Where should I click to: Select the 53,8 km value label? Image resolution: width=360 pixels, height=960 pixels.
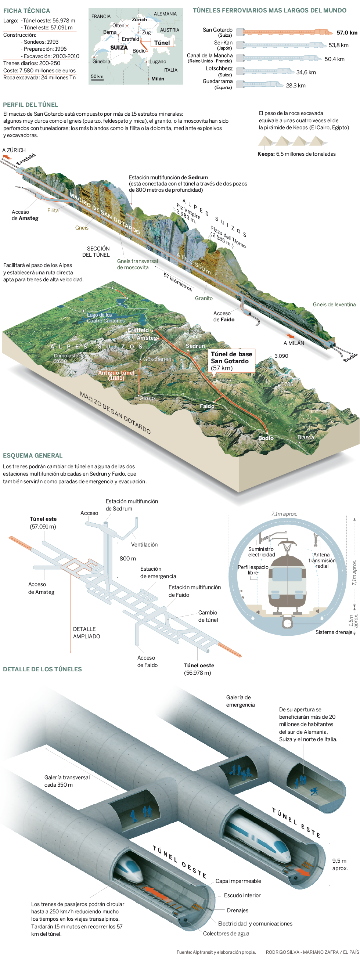click(338, 45)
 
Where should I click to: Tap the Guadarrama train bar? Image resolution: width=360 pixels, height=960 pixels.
click(260, 84)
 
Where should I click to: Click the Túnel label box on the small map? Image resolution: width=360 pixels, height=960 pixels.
click(162, 43)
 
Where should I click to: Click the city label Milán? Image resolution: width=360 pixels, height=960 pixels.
click(158, 79)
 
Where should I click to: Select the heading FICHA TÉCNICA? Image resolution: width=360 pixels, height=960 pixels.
click(26, 11)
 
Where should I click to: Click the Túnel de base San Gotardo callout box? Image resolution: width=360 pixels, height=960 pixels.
click(231, 361)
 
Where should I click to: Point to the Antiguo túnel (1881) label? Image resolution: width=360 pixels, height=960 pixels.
click(116, 375)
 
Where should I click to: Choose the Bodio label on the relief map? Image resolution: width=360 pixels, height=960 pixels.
click(266, 438)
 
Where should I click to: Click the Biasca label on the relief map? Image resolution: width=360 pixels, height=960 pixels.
click(306, 437)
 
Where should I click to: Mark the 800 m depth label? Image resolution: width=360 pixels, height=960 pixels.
click(128, 558)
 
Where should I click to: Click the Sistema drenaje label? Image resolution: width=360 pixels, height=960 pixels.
click(334, 632)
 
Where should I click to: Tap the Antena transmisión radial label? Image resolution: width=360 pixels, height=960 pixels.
click(322, 560)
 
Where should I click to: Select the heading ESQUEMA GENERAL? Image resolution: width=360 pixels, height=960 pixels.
click(33, 455)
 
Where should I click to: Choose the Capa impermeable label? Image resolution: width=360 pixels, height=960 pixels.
click(238, 881)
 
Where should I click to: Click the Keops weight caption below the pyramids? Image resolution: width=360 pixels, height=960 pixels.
click(296, 154)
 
